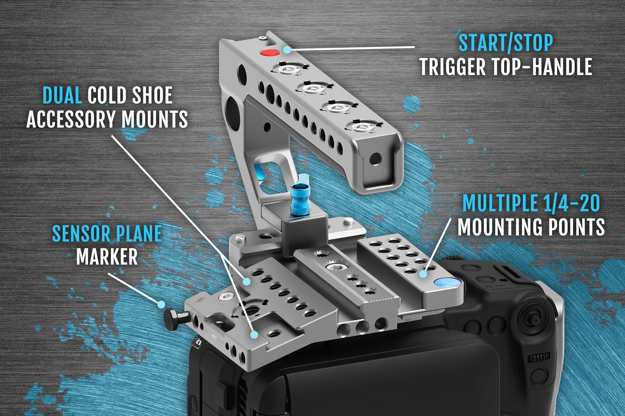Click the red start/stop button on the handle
[x=269, y=53]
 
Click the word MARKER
[x=107, y=256]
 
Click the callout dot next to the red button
[x=287, y=50]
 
